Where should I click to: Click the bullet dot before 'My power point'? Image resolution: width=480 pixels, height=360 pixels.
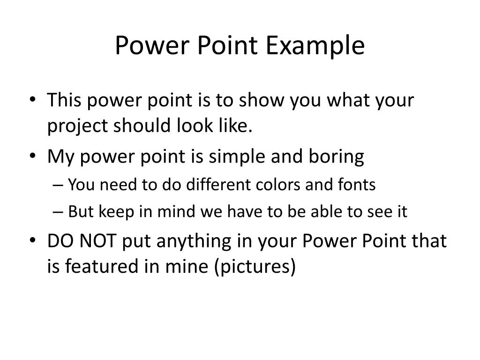coord(38,157)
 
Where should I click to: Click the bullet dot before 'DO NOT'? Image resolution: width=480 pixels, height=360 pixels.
coord(38,241)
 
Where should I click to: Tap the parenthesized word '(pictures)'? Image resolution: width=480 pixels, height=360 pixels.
coord(256,267)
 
